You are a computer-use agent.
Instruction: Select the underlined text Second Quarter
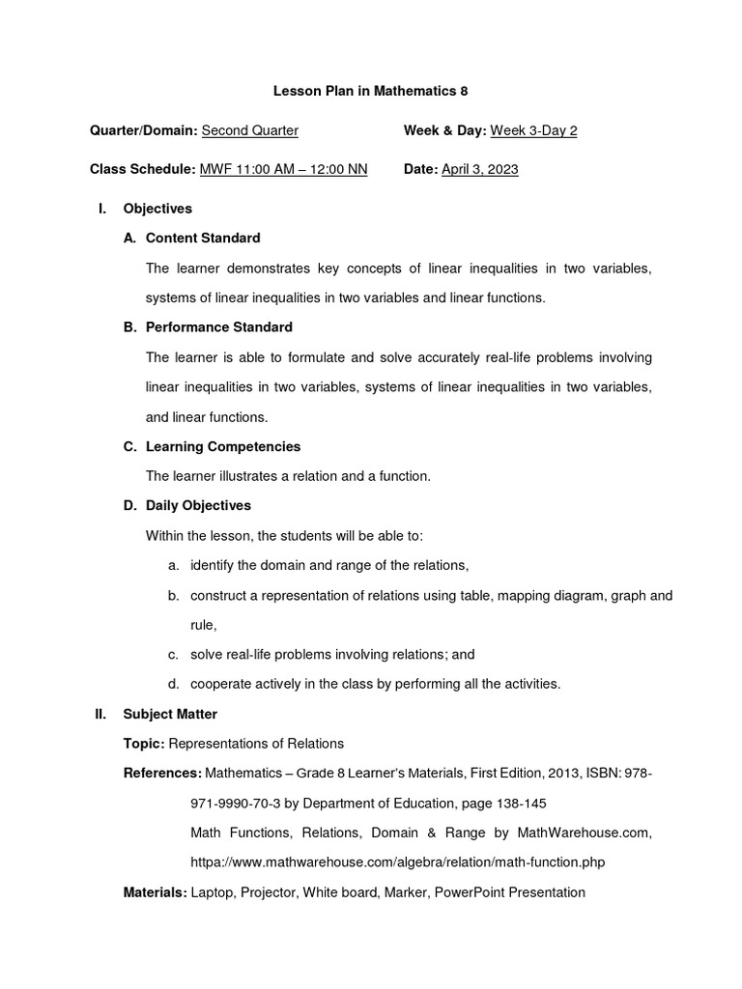click(249, 130)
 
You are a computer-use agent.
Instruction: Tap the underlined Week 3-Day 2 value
click(533, 130)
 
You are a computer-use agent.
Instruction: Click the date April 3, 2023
click(479, 169)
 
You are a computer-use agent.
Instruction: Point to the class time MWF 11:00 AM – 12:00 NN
click(283, 169)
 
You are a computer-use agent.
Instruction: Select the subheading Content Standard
click(203, 238)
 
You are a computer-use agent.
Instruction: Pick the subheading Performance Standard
click(218, 327)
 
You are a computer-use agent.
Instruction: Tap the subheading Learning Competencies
click(223, 446)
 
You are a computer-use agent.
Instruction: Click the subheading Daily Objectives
click(198, 505)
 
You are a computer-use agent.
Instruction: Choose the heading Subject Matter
click(170, 714)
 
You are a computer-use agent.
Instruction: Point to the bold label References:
click(162, 773)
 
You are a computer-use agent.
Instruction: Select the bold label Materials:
click(155, 892)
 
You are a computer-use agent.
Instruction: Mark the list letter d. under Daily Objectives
click(173, 684)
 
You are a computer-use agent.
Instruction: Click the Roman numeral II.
click(100, 714)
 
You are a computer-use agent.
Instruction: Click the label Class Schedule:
click(142, 169)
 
